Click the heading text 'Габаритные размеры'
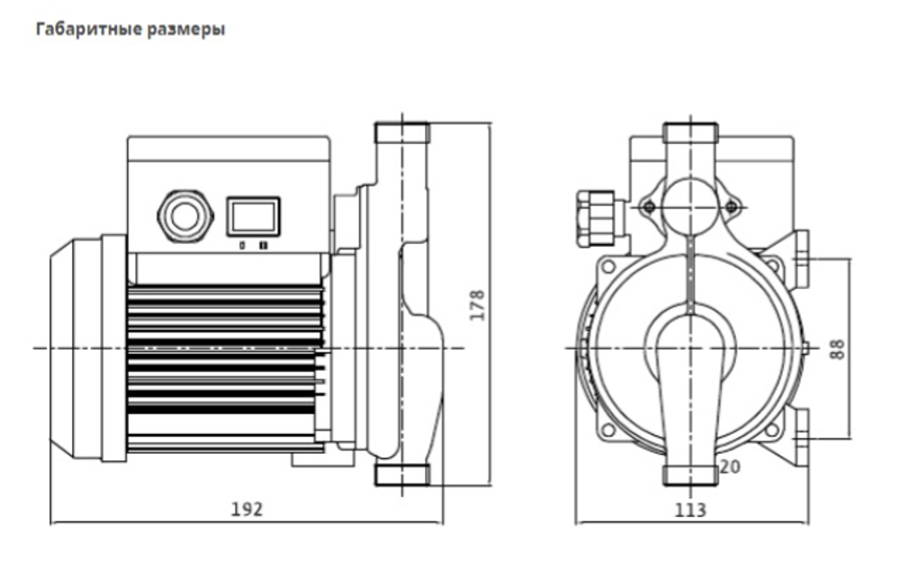click(130, 30)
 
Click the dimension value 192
click(246, 509)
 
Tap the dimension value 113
click(690, 510)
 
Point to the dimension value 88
click(838, 349)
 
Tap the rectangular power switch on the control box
click(253, 217)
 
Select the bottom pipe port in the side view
click(400, 475)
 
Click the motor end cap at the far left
click(75, 348)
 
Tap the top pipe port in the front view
click(690, 136)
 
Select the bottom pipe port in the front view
click(690, 476)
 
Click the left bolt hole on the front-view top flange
click(649, 207)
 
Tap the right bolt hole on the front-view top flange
click(731, 207)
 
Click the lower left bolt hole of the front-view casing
click(608, 430)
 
